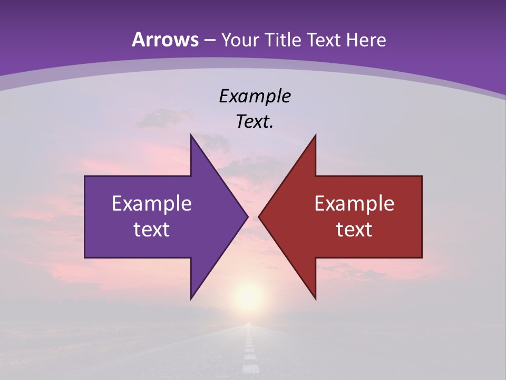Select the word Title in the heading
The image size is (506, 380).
pos(284,40)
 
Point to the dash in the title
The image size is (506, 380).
pos(210,40)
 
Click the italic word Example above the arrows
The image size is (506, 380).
pos(255,96)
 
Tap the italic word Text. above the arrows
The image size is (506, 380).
pos(255,122)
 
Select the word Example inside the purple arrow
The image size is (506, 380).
pos(152,203)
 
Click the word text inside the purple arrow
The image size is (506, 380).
pos(152,229)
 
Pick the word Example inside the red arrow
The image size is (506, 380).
pos(354,203)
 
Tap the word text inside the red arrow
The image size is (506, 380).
pos(354,229)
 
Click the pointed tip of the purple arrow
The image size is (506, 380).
pos(247,216)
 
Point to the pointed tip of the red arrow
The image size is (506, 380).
pos(259,216)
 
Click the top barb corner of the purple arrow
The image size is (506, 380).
pos(191,135)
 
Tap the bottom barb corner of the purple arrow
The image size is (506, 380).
pos(191,299)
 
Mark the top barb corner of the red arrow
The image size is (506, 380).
pos(315,135)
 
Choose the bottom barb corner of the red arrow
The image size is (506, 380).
pos(315,299)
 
